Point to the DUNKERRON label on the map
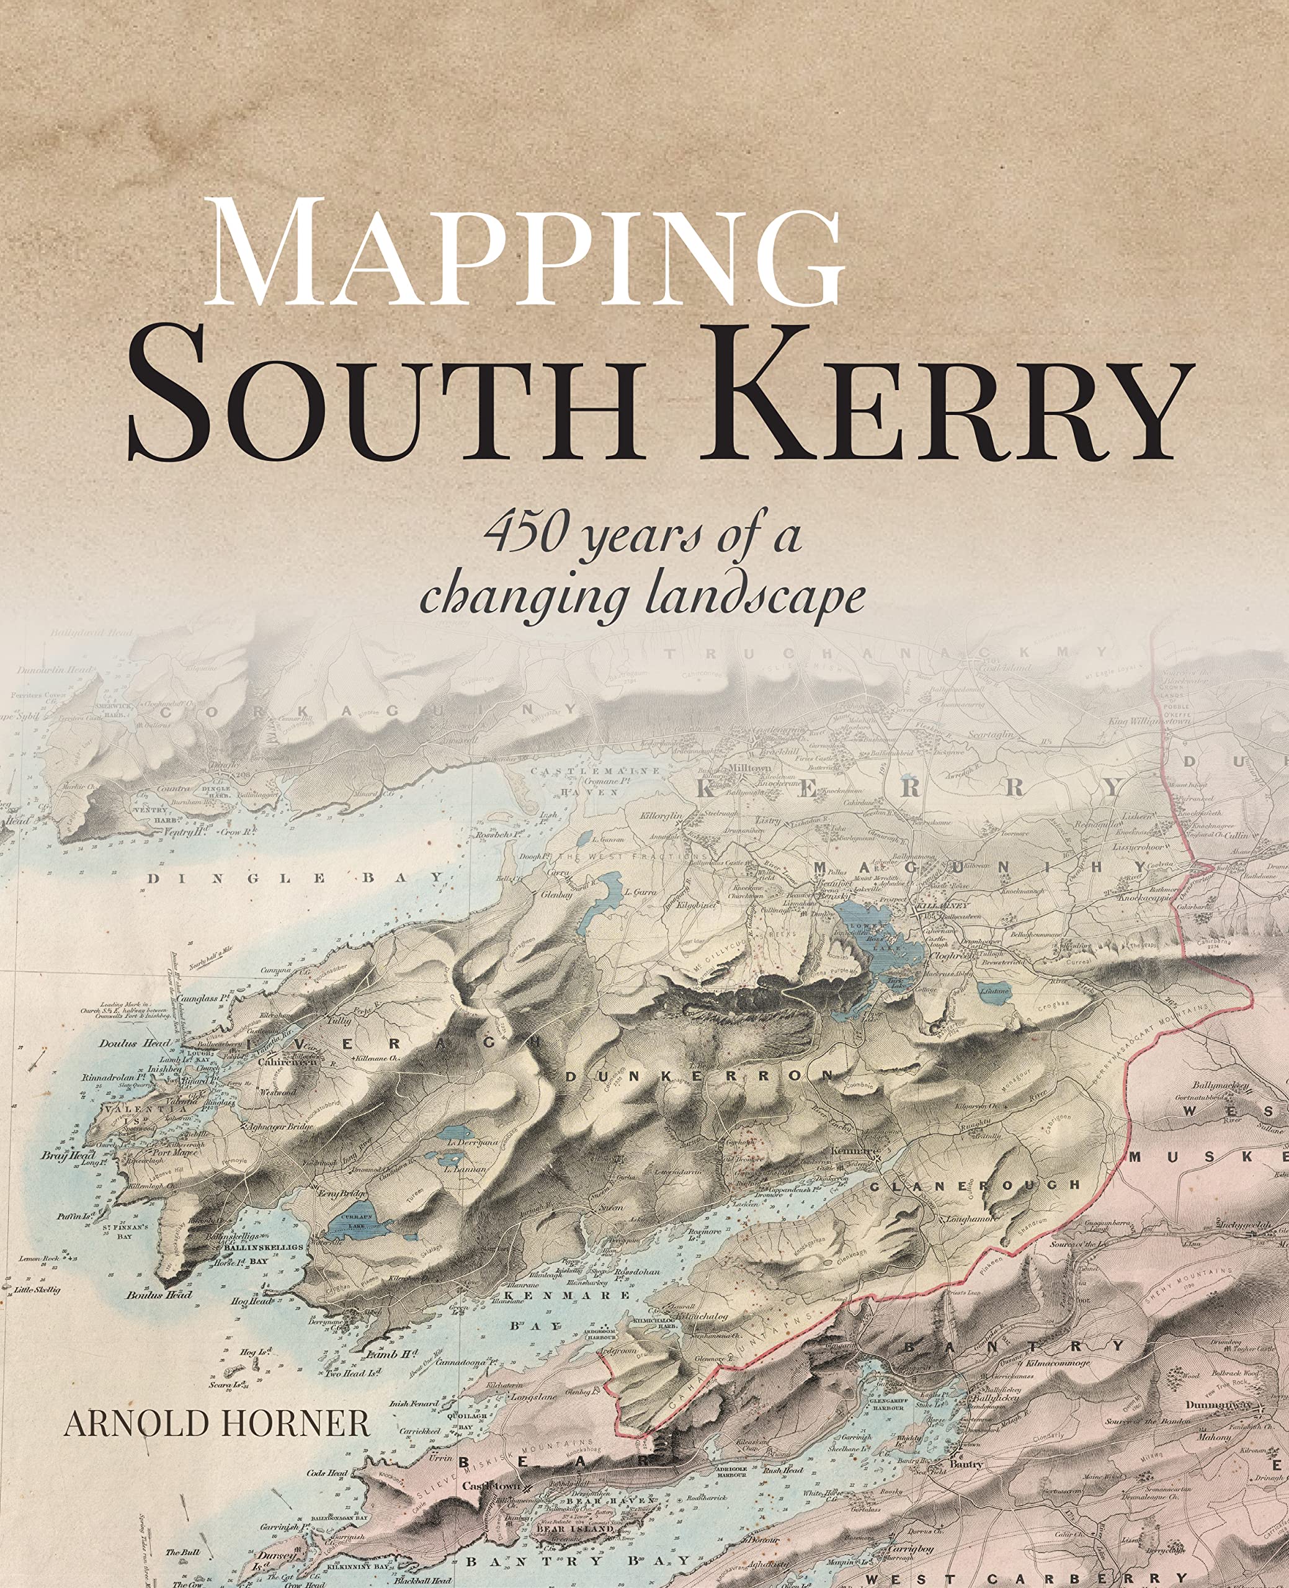click(701, 1076)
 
